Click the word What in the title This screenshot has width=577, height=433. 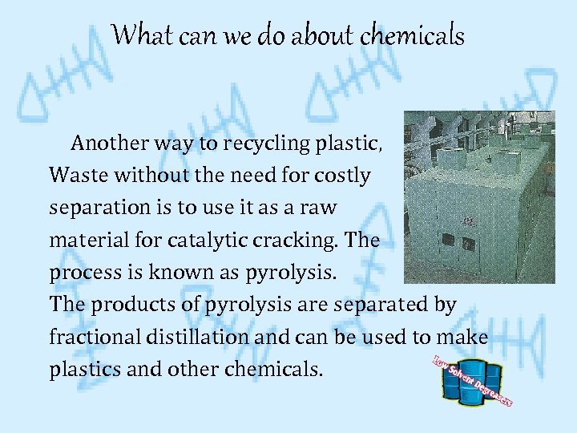pyautogui.click(x=138, y=35)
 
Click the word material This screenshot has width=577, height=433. pyautogui.click(x=86, y=240)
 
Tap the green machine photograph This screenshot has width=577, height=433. pyautogui.click(x=478, y=197)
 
